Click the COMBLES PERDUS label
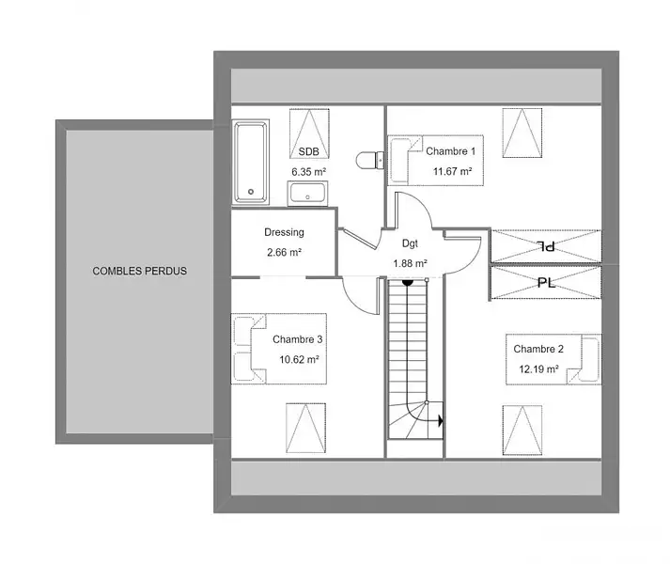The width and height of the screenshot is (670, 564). click(x=140, y=271)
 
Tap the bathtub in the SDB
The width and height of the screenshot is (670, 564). click(x=251, y=162)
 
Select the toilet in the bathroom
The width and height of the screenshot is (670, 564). click(x=370, y=160)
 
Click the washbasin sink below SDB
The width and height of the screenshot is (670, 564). click(x=307, y=194)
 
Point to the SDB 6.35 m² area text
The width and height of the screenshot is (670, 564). click(x=309, y=172)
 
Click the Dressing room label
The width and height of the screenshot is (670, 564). click(x=284, y=232)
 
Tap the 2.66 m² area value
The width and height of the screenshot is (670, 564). click(x=285, y=252)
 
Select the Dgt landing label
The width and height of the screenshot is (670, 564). click(x=410, y=243)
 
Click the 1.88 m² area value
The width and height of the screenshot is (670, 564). click(x=411, y=263)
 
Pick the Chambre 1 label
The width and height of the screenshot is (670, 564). click(x=451, y=151)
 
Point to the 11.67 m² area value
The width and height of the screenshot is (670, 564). click(x=453, y=171)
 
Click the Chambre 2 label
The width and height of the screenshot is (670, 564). click(x=538, y=349)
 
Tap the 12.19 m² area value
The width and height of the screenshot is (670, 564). click(x=538, y=369)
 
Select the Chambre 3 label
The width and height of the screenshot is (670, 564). click(x=297, y=339)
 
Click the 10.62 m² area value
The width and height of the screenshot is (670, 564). click(x=299, y=360)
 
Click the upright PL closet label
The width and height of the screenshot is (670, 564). click(x=547, y=283)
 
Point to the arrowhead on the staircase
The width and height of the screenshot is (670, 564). click(x=441, y=421)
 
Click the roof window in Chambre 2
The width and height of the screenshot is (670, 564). click(x=522, y=430)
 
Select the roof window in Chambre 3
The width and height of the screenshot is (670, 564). click(x=306, y=428)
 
